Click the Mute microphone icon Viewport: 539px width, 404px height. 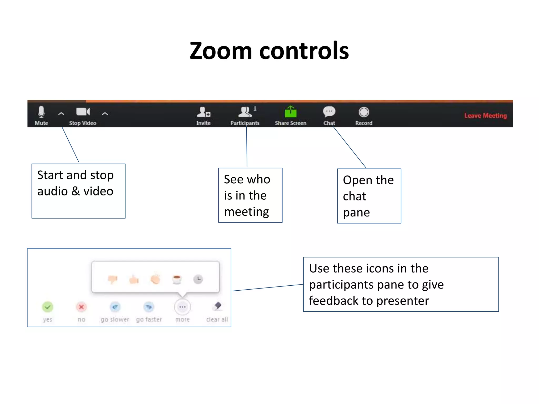tap(41, 112)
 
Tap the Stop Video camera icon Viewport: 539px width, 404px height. tap(83, 112)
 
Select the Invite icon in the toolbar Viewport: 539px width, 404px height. tap(203, 112)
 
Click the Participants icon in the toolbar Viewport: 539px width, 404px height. tap(245, 112)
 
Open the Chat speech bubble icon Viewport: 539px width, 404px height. tap(329, 112)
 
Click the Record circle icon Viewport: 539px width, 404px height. tap(364, 112)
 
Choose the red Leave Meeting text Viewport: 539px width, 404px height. tap(485, 116)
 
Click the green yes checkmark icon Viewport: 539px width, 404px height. tap(48, 307)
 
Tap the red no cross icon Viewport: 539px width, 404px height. tap(81, 307)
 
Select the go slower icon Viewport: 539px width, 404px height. tap(115, 307)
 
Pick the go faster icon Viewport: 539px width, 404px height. tap(149, 307)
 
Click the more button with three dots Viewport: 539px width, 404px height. tap(182, 307)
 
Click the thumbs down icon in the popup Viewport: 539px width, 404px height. tap(113, 279)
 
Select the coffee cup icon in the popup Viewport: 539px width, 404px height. tap(177, 279)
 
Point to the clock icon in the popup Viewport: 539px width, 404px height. tap(198, 279)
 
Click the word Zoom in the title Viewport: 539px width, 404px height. tap(221, 51)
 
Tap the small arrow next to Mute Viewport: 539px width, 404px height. tap(61, 114)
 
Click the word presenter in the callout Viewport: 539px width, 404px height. tap(402, 301)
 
